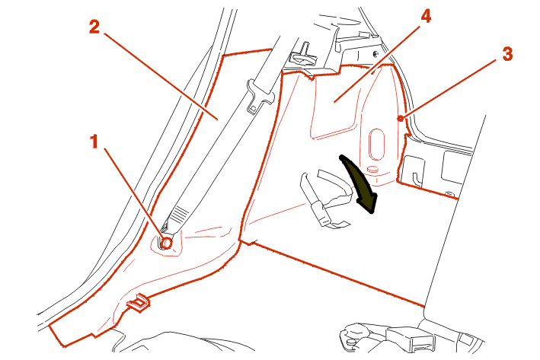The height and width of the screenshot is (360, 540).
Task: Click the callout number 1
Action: click(x=94, y=142)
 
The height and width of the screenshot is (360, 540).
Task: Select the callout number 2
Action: click(x=94, y=27)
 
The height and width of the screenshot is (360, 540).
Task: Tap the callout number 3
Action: click(x=507, y=54)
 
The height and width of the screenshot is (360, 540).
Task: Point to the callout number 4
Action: click(x=426, y=16)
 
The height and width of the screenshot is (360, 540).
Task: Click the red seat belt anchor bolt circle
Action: click(x=167, y=243)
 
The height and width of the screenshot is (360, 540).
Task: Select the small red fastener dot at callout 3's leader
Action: click(x=400, y=119)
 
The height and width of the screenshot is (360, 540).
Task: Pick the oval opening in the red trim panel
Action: click(x=376, y=144)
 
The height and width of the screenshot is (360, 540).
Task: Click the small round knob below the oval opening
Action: click(x=372, y=170)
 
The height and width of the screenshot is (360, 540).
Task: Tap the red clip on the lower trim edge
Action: click(x=139, y=303)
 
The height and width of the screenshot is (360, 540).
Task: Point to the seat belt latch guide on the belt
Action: click(x=260, y=97)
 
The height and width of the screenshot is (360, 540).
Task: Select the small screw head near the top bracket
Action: click(x=375, y=53)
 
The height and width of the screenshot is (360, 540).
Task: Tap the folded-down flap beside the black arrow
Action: click(x=325, y=199)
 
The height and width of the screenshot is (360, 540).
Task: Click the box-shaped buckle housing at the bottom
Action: click(x=410, y=339)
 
